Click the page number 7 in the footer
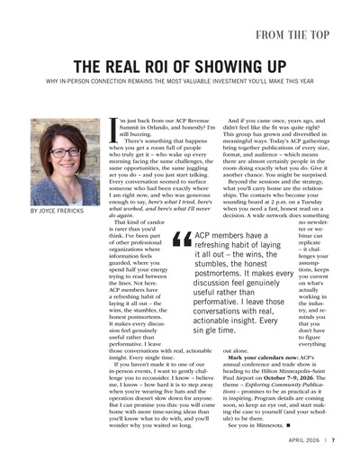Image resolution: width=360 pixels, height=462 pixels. click(332, 441)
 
